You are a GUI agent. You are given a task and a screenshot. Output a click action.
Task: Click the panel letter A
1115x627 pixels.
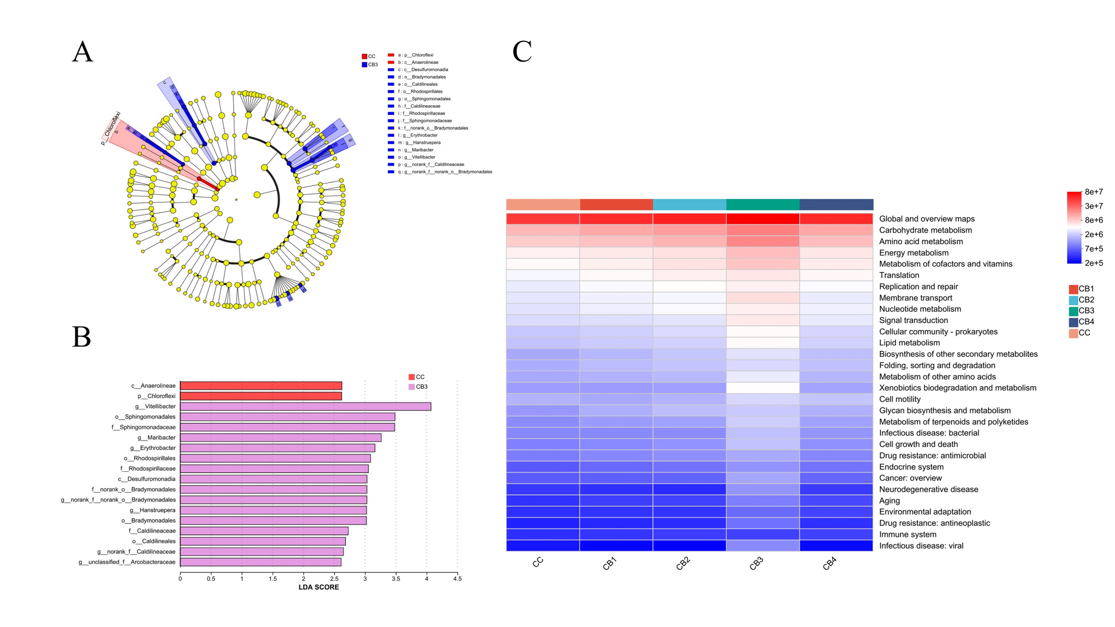(83, 52)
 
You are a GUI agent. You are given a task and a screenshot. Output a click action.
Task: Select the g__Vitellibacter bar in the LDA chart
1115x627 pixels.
(305, 406)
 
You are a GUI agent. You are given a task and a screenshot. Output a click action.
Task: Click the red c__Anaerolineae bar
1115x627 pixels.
(261, 386)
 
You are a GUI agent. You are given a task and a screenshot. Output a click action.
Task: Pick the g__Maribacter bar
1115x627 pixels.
(281, 438)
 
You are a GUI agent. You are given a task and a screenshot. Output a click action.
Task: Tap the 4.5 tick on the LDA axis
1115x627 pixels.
(457, 579)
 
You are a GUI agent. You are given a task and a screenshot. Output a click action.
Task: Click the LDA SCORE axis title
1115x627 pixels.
(319, 587)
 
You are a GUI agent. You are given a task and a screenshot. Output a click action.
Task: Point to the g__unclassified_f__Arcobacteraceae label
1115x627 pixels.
(127, 562)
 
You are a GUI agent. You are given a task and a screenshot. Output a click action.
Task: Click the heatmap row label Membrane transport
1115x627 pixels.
(915, 298)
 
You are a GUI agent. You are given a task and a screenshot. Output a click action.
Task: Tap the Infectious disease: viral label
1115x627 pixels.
(921, 546)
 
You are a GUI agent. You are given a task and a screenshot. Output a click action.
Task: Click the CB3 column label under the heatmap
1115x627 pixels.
(756, 564)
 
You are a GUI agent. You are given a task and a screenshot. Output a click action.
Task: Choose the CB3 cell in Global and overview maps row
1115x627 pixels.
(763, 219)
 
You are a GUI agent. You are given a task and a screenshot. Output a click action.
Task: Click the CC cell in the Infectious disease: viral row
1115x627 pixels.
(543, 546)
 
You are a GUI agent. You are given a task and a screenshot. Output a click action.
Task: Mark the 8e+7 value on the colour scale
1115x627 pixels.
(1094, 192)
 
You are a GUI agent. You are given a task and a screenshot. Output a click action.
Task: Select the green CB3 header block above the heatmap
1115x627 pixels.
(763, 205)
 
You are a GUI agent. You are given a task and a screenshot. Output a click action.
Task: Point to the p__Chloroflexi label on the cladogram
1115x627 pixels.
(111, 129)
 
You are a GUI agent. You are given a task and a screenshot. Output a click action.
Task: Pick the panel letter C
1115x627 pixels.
(522, 52)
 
